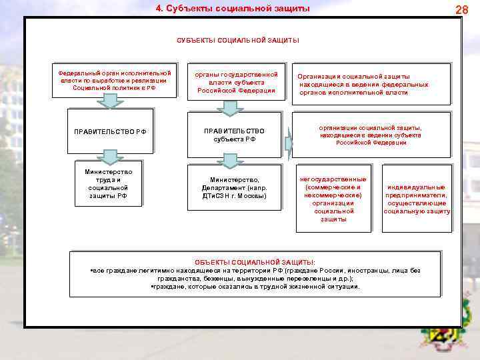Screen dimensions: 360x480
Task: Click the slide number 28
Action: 462,9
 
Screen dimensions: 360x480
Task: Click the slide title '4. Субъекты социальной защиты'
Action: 233,9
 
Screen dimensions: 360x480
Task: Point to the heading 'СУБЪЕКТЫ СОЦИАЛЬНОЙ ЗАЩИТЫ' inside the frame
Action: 238,40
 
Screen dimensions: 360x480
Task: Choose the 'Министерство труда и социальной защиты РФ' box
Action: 109,183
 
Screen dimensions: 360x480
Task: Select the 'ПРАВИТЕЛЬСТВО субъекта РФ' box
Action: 234,135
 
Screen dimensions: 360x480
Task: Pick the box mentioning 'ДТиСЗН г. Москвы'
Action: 234,188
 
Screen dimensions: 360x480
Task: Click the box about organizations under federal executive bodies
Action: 372,85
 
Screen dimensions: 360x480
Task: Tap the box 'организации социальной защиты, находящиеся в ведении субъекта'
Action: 371,134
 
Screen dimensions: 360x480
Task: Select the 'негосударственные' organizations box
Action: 333,199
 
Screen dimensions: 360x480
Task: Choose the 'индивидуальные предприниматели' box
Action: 417,199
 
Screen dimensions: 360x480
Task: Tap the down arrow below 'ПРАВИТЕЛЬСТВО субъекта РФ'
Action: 230,160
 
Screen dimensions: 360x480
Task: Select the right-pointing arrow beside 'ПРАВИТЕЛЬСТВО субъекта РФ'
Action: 289,143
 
